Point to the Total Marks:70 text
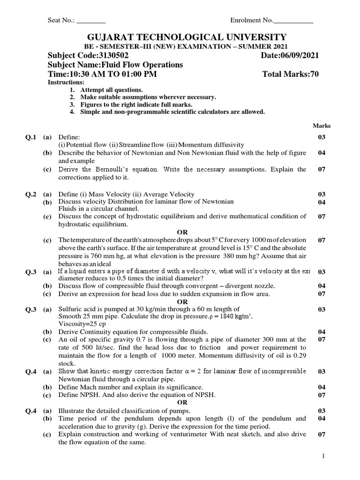coord(291,75)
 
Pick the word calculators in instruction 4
coord(213,112)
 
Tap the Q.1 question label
coord(31,137)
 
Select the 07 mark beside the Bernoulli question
coord(322,169)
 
